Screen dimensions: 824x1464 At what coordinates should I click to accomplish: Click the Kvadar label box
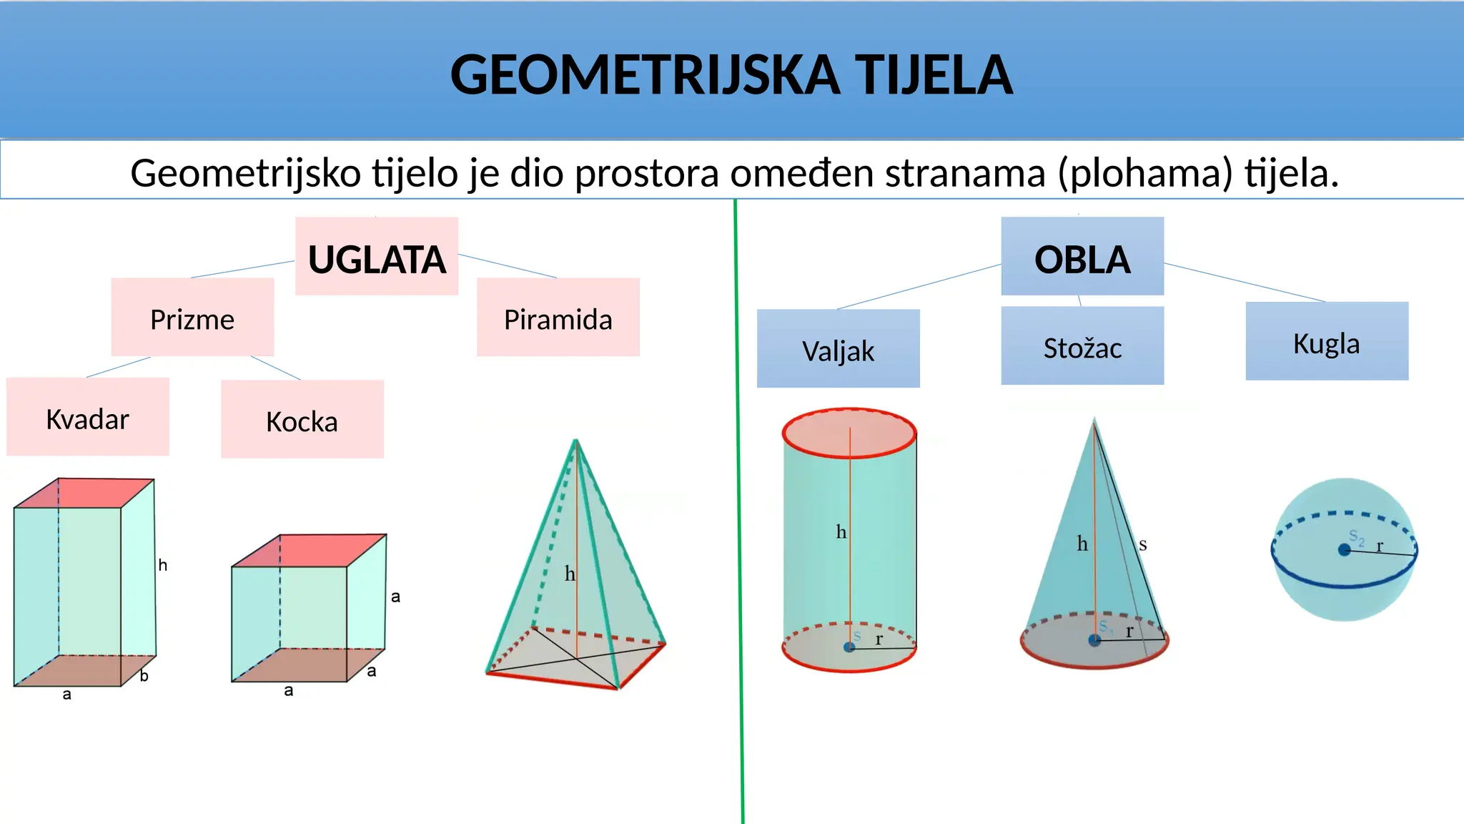click(x=88, y=418)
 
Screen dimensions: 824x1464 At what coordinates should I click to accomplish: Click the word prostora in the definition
click(x=646, y=174)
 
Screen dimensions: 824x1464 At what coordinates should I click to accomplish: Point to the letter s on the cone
click(x=1142, y=545)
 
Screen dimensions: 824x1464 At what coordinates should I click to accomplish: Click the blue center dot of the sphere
click(x=1344, y=549)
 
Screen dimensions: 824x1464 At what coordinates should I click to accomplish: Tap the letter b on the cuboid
click(x=144, y=675)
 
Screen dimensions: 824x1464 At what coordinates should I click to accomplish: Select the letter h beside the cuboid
click(x=163, y=565)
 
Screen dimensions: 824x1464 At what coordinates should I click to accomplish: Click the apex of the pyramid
click(x=576, y=441)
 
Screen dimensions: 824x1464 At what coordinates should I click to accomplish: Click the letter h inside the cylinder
click(x=841, y=532)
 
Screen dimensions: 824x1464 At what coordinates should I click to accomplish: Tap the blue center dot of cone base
click(x=1094, y=640)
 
